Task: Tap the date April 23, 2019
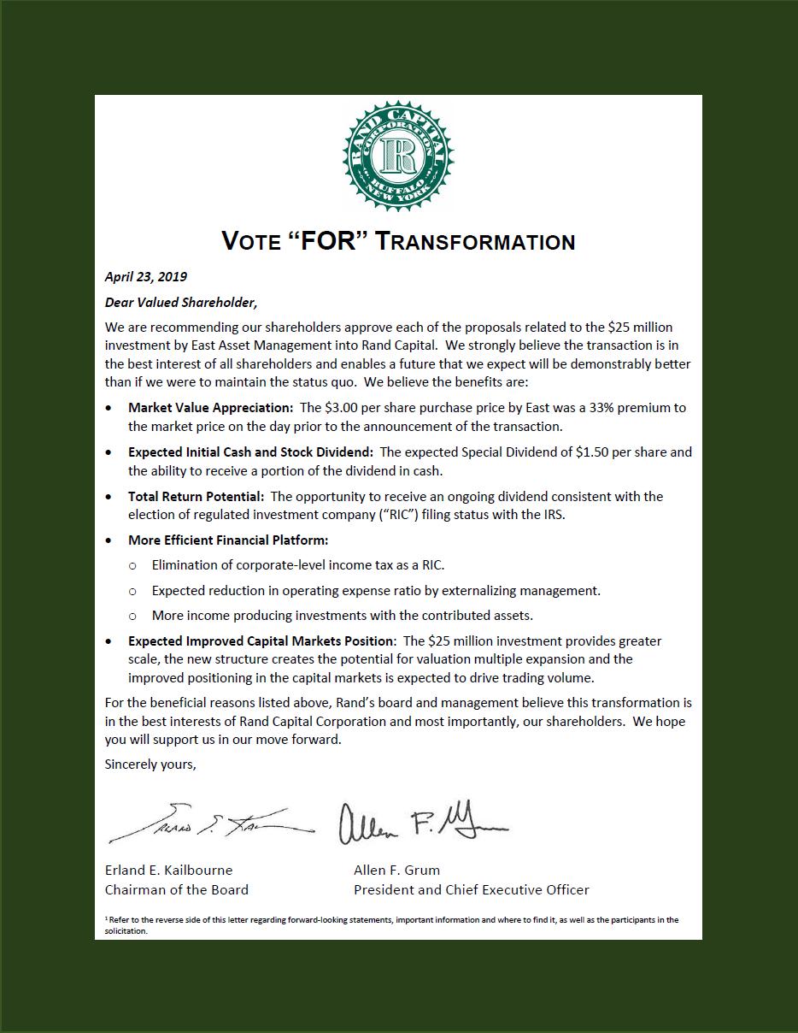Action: click(x=146, y=277)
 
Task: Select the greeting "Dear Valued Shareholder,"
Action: click(x=181, y=302)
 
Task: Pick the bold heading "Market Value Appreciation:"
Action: click(x=210, y=408)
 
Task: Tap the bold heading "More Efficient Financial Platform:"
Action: click(x=228, y=540)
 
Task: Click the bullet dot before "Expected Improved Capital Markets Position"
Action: click(x=108, y=641)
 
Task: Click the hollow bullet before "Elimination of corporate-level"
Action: click(x=132, y=565)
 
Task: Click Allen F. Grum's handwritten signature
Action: click(x=422, y=823)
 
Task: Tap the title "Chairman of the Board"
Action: click(x=176, y=890)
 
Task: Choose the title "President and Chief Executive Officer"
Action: click(x=472, y=890)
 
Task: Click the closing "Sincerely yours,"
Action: click(x=150, y=764)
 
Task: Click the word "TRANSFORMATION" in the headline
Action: click(x=476, y=242)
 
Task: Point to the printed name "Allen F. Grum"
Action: click(x=396, y=871)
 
